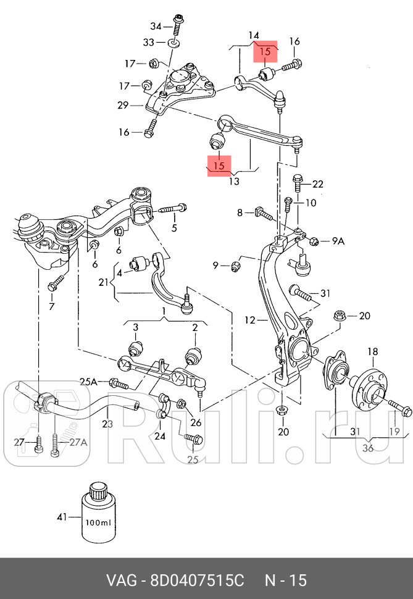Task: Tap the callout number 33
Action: [149, 43]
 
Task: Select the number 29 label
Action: [123, 106]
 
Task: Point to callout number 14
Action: [254, 36]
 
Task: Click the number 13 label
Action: [233, 181]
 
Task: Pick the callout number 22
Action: [317, 184]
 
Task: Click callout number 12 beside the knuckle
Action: [249, 320]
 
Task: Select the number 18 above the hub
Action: [373, 352]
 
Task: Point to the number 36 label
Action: [367, 448]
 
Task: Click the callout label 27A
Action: [78, 442]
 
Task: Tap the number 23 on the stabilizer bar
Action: [108, 424]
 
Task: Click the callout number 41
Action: [61, 516]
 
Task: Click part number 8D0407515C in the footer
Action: [197, 581]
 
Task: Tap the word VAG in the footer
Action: [122, 581]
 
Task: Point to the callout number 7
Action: [51, 306]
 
